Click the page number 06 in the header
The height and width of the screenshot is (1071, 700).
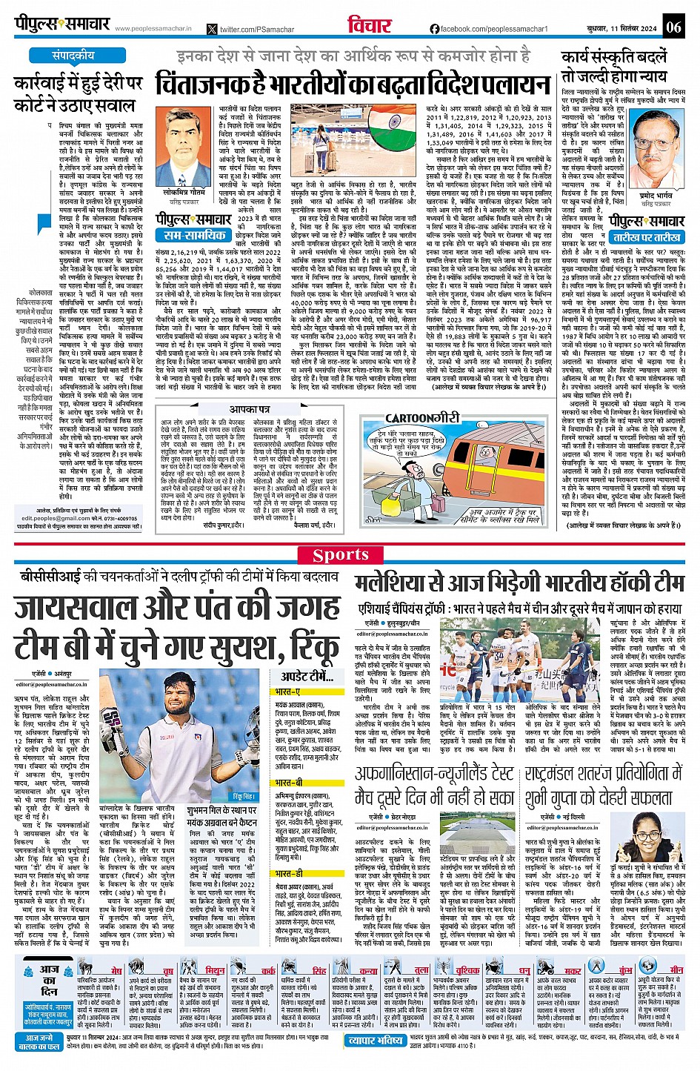pyautogui.click(x=673, y=27)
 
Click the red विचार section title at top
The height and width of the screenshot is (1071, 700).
pyautogui.click(x=368, y=26)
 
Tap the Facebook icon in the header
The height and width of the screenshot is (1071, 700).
pyautogui.click(x=435, y=29)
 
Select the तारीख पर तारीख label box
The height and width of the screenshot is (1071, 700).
pyautogui.click(x=647, y=237)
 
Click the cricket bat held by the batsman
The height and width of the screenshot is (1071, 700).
pyautogui.click(x=113, y=729)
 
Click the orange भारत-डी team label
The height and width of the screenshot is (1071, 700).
pyautogui.click(x=289, y=873)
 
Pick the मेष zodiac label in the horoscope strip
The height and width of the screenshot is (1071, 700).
pyautogui.click(x=116, y=970)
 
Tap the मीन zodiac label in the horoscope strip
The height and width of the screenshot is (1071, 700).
pyautogui.click(x=676, y=969)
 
